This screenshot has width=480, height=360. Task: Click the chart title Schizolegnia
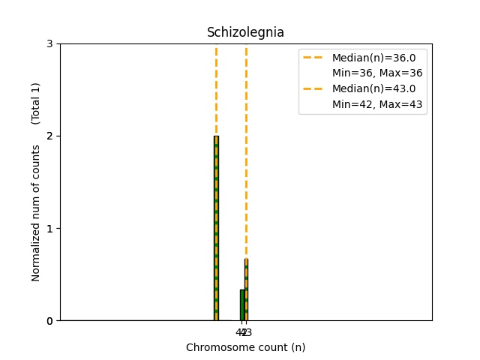pyautogui.click(x=245, y=32)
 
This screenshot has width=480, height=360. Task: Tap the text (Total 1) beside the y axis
pyautogui.click(x=36, y=103)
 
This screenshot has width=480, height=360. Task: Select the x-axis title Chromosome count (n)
pyautogui.click(x=245, y=347)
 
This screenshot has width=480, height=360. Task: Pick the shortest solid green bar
pyautogui.click(x=241, y=305)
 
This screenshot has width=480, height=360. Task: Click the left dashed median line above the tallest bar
pyautogui.click(x=216, y=90)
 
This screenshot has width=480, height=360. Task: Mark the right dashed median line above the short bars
pyautogui.click(x=246, y=150)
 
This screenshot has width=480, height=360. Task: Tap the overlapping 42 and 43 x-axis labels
pyautogui.click(x=244, y=332)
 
